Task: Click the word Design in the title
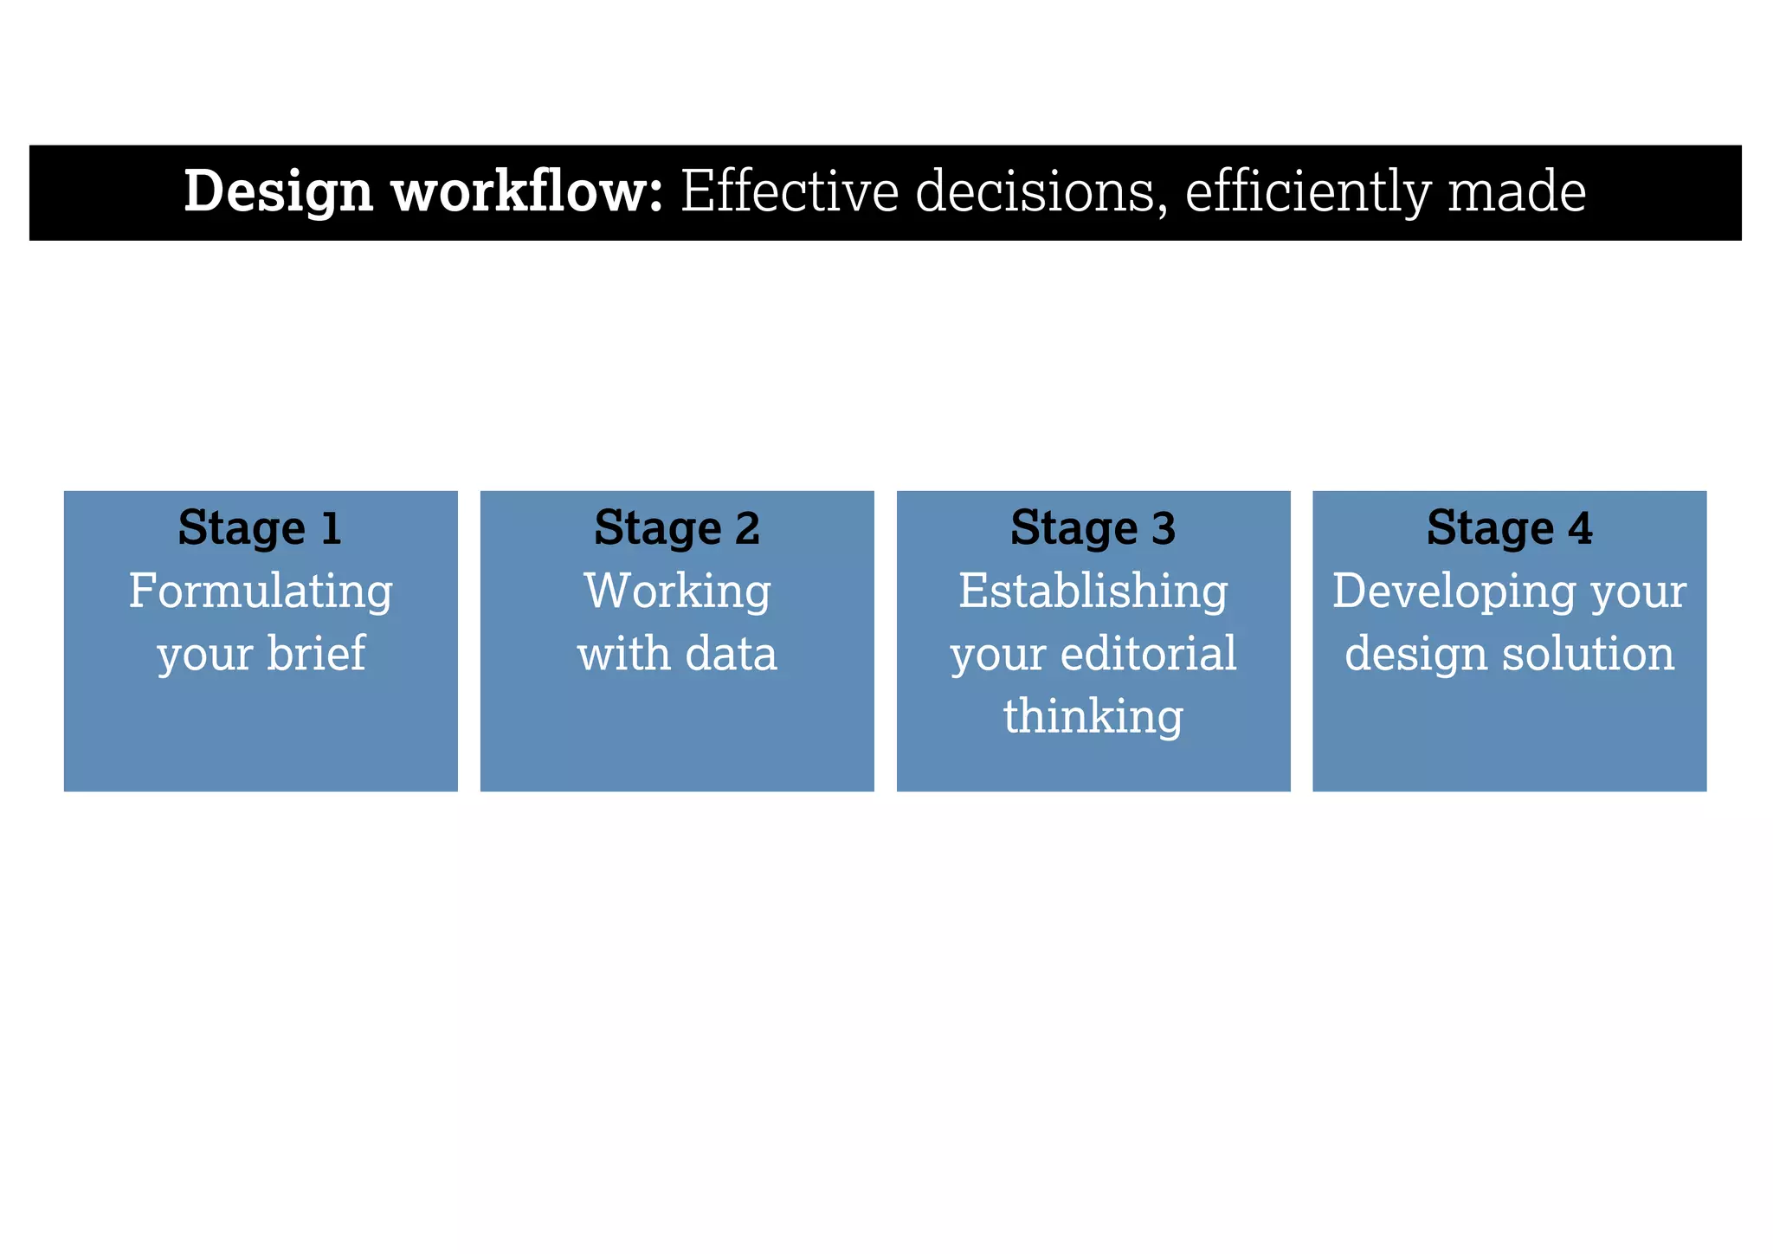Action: click(x=278, y=191)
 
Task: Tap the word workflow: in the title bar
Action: click(x=527, y=191)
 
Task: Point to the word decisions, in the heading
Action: click(x=1035, y=191)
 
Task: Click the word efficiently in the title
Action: click(x=1307, y=191)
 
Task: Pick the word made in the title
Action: click(x=1517, y=191)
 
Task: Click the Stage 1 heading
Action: click(x=260, y=527)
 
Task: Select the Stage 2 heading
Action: click(x=677, y=527)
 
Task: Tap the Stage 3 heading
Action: click(x=1093, y=527)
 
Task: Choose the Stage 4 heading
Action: click(x=1509, y=527)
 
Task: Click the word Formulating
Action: click(x=261, y=592)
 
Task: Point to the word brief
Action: click(x=316, y=653)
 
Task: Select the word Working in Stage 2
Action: click(x=677, y=591)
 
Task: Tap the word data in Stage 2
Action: click(x=731, y=653)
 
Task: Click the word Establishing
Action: click(x=1093, y=592)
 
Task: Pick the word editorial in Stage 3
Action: click(x=1148, y=653)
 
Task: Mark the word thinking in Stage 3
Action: click(x=1093, y=717)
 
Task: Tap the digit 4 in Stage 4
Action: click(x=1580, y=527)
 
